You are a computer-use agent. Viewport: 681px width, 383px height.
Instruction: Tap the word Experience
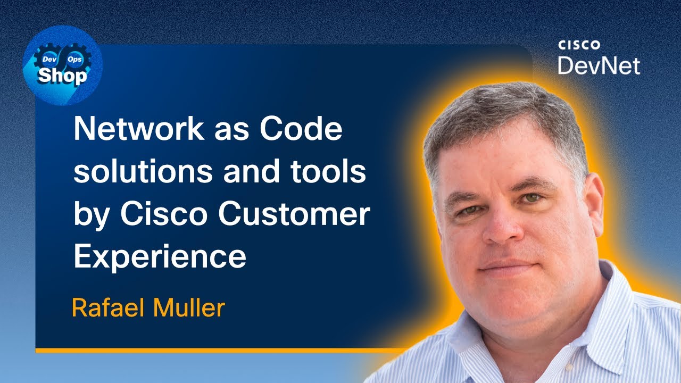pyautogui.click(x=160, y=257)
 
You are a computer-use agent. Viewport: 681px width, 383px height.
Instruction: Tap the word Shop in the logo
pyautogui.click(x=62, y=76)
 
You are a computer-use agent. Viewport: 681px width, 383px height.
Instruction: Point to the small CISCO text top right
pyautogui.click(x=579, y=45)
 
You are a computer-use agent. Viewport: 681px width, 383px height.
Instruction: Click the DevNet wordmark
pyautogui.click(x=599, y=65)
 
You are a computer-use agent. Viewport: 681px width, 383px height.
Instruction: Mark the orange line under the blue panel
pyautogui.click(x=213, y=351)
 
